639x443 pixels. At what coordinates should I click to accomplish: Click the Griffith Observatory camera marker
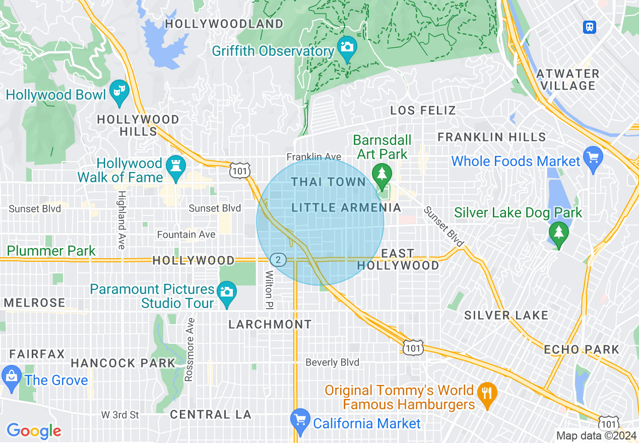click(x=347, y=47)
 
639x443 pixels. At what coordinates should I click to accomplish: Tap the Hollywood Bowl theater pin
click(x=119, y=92)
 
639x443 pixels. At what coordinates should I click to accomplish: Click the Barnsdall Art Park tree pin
click(x=381, y=174)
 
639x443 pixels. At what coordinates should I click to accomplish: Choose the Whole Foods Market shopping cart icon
click(x=593, y=158)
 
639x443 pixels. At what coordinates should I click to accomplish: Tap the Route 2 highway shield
click(x=278, y=260)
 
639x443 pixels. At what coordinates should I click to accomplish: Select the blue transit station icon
click(x=589, y=27)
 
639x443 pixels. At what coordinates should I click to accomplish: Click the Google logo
click(x=34, y=431)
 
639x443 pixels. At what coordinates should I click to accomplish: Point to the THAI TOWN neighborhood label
click(x=328, y=182)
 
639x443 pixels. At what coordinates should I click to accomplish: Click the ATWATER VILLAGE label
click(x=567, y=80)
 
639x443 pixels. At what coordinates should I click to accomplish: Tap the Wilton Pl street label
click(x=269, y=290)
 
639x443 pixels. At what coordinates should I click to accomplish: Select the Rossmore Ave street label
click(x=189, y=349)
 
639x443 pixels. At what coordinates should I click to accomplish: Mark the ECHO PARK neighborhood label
click(x=581, y=349)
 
